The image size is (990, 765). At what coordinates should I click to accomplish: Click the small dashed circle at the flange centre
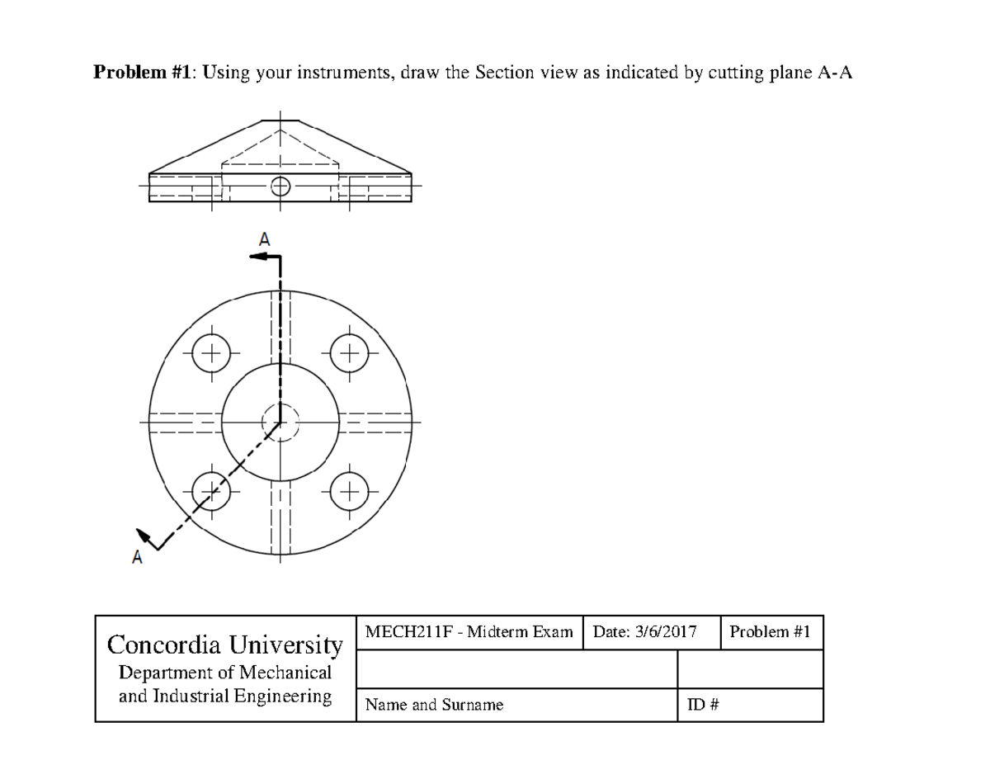point(280,422)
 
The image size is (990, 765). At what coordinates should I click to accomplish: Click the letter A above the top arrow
point(264,240)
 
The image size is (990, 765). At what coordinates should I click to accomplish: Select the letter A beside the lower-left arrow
point(137,559)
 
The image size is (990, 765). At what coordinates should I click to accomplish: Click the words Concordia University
point(225,644)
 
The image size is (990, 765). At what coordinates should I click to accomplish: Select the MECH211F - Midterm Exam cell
point(469,632)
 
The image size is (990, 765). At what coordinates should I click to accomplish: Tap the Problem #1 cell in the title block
point(771,632)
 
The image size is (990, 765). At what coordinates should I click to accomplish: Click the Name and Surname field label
point(434,705)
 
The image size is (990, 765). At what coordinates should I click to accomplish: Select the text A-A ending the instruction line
point(834,73)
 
